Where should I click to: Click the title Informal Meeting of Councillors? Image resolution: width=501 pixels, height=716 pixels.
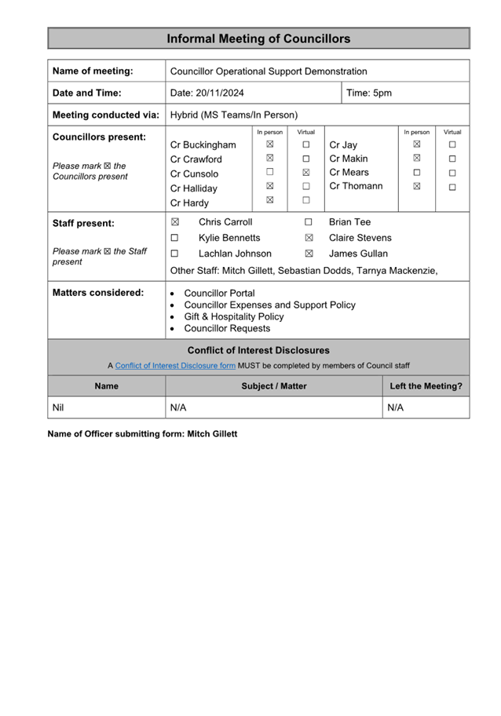click(258, 38)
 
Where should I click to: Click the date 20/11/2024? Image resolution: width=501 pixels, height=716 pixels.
click(207, 93)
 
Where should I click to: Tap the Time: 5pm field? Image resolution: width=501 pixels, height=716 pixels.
click(369, 93)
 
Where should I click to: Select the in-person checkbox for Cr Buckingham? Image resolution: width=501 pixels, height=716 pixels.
click(269, 144)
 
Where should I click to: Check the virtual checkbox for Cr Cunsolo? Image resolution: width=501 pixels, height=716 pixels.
click(306, 173)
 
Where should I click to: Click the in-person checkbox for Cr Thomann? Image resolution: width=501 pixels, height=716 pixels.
click(417, 186)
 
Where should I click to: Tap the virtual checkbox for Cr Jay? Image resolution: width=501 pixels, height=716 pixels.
click(452, 144)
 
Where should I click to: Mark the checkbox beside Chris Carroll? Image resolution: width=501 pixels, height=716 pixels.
click(175, 222)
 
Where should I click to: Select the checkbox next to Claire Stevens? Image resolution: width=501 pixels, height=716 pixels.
click(309, 238)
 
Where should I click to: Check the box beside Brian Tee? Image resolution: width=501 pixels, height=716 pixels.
click(309, 222)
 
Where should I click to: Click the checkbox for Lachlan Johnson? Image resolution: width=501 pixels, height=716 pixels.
click(175, 254)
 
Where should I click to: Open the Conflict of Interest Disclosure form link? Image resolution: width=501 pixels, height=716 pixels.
click(175, 365)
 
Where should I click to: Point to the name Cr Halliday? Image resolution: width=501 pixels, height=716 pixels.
click(194, 188)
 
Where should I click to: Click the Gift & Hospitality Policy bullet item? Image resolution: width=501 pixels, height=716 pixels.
click(234, 316)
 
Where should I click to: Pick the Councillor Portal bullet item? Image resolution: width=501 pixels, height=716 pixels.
click(219, 293)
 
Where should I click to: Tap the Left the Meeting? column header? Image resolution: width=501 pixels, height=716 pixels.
click(426, 386)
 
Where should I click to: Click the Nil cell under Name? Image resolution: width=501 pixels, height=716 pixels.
click(58, 407)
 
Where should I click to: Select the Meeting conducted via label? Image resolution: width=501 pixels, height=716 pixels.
click(105, 115)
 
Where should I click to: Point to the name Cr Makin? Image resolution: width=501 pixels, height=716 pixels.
click(349, 159)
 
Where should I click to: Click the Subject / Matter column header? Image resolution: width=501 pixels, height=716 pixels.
click(274, 386)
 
